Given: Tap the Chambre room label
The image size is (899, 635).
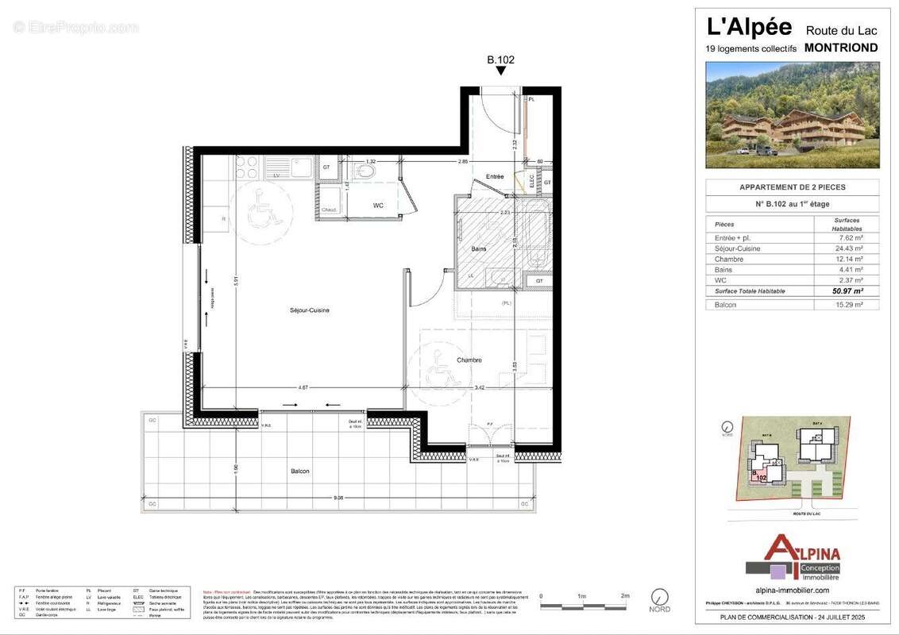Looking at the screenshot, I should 469,360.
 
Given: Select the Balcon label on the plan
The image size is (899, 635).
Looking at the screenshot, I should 300,471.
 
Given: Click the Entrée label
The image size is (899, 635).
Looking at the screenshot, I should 495,176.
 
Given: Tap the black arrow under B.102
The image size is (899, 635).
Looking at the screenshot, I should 500,71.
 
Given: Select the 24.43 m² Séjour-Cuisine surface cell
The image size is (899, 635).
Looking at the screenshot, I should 846,248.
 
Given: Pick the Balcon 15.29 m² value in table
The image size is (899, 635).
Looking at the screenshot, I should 846,305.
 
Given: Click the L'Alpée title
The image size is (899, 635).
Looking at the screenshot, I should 749,27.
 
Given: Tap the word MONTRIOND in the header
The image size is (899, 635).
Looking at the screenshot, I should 841,48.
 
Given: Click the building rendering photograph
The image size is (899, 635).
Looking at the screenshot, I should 792,115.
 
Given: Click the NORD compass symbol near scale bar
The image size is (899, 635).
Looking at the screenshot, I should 658,596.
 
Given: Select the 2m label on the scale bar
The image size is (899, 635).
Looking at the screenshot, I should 624,595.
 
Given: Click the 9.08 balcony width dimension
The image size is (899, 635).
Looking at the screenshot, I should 338,498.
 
